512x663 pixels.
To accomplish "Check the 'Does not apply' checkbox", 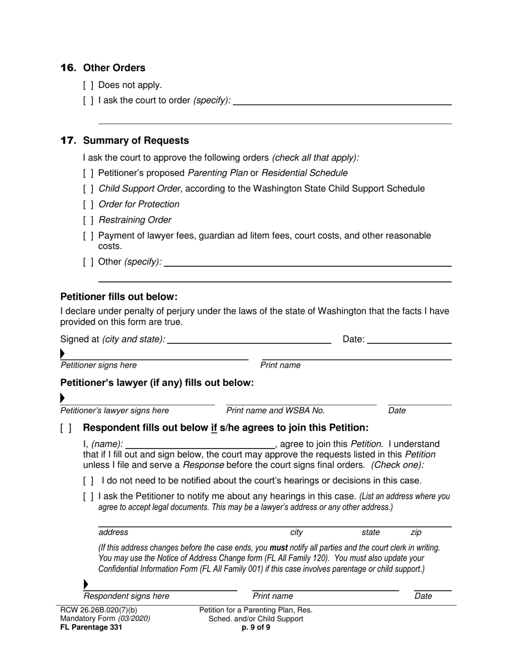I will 88,85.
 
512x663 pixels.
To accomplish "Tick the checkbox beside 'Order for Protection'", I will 88,204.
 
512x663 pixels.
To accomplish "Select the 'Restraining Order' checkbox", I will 88,220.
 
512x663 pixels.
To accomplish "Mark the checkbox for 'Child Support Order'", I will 88,189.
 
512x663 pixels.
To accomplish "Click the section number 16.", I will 68,68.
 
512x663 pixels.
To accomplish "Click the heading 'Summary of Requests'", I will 136,141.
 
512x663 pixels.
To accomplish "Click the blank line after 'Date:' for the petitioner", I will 409,340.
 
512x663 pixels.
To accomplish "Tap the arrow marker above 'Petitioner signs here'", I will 63,354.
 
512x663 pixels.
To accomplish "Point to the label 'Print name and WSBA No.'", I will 275,411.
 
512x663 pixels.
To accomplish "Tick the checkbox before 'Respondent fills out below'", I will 66,428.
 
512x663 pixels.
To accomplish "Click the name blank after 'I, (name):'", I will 199,445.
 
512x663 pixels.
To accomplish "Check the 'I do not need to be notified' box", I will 88,481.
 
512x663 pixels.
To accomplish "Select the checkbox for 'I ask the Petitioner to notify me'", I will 88,496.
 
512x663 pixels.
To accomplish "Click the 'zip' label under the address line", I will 416,533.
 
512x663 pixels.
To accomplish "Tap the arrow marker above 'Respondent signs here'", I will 85,584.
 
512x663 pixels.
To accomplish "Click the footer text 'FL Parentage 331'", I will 91,627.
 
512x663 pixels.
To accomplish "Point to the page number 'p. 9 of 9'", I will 256,627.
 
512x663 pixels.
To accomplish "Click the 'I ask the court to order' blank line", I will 342,101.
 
